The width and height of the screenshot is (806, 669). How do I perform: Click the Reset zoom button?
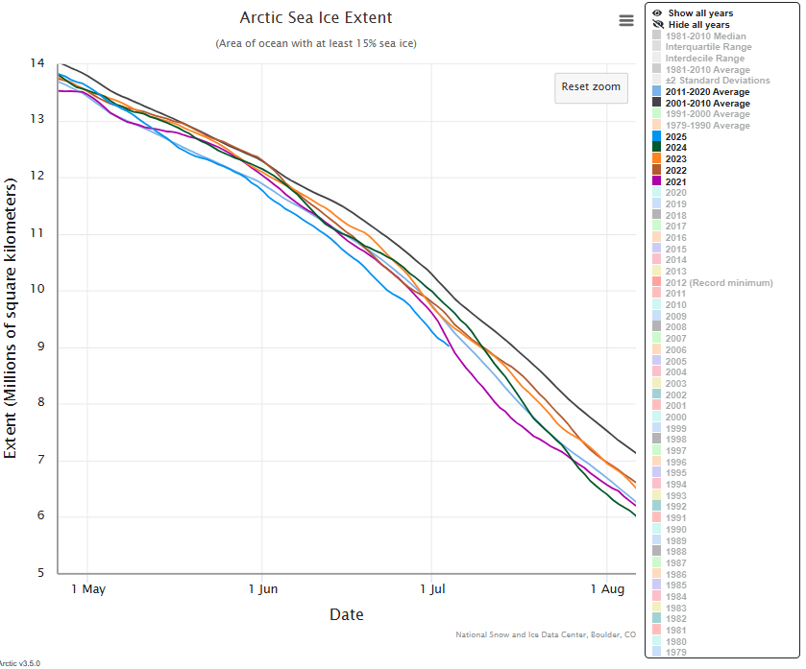(591, 86)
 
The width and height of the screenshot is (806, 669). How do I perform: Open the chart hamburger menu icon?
(626, 20)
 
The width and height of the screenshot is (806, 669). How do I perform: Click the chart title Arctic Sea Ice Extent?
(315, 18)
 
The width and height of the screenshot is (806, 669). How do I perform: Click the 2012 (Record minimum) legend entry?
(719, 283)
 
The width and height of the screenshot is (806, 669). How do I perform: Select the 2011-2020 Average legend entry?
(707, 92)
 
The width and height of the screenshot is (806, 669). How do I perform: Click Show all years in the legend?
(699, 13)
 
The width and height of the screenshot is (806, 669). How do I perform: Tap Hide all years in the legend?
(698, 24)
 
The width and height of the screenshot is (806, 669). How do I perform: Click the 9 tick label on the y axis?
(39, 347)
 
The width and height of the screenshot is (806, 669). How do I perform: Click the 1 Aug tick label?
(606, 588)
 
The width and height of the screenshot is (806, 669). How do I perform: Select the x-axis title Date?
(346, 614)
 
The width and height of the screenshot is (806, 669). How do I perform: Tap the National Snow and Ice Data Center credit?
(546, 634)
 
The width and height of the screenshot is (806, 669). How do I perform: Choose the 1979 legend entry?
(675, 651)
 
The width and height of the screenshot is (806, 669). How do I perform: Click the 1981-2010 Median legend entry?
(706, 36)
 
